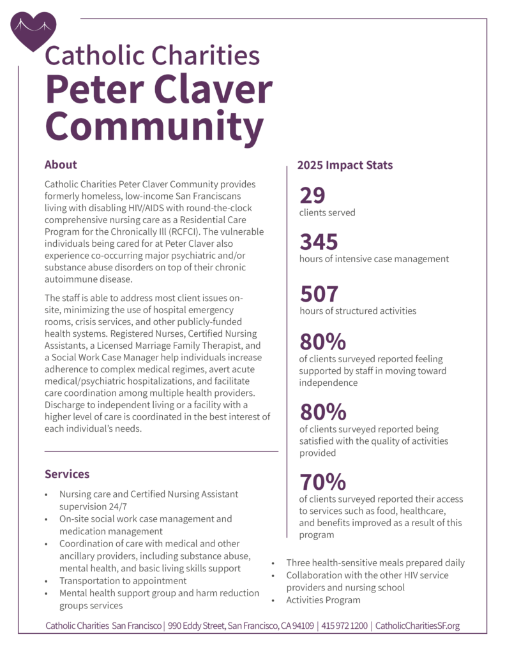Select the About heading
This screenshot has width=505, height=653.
point(61,165)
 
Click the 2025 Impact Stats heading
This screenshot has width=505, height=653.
point(345,165)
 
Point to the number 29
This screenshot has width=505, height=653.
point(313,195)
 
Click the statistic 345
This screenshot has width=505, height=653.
point(319,242)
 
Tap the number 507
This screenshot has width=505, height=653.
point(319,294)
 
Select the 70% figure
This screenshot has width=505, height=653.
point(322,481)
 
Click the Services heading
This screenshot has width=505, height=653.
point(67,474)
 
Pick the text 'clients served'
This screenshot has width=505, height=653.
point(327,212)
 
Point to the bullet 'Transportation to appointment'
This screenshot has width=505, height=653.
point(123,580)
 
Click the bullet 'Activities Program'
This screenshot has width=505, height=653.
point(323,599)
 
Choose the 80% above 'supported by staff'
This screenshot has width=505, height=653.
point(322,342)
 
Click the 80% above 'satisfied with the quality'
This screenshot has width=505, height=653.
point(322,411)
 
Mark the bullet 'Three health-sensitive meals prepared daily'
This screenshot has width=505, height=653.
point(375,562)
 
